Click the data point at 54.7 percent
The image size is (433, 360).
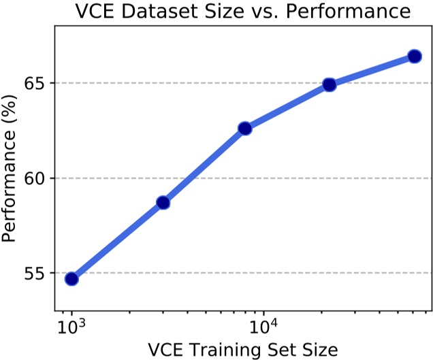pos(71,278)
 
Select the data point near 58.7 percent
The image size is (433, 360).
pos(163,203)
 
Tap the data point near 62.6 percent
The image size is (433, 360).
pos(245,128)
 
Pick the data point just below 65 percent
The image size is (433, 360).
pos(330,84)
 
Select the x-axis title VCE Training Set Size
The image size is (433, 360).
pos(242,350)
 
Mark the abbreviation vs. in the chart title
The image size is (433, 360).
pos(276,12)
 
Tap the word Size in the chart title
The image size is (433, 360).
pos(234,12)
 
